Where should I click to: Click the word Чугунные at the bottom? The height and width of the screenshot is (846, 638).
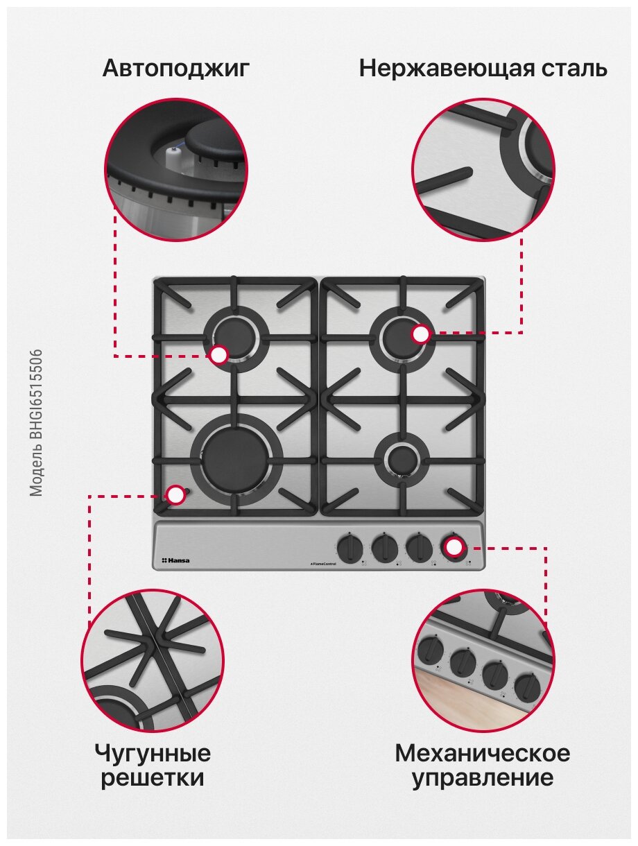tap(153, 752)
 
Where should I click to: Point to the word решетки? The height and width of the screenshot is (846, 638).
tap(153, 778)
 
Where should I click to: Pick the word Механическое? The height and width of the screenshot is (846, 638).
tap(483, 752)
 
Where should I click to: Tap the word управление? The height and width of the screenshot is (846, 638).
tap(483, 778)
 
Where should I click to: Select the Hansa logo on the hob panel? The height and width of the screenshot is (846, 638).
tap(175, 560)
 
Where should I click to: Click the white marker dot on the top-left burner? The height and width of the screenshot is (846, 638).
tap(218, 355)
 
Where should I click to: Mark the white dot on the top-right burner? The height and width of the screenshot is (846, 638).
tap(420, 334)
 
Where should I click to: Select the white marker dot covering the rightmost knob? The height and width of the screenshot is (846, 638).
tap(454, 547)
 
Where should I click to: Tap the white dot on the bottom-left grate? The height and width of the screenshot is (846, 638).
tap(176, 494)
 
